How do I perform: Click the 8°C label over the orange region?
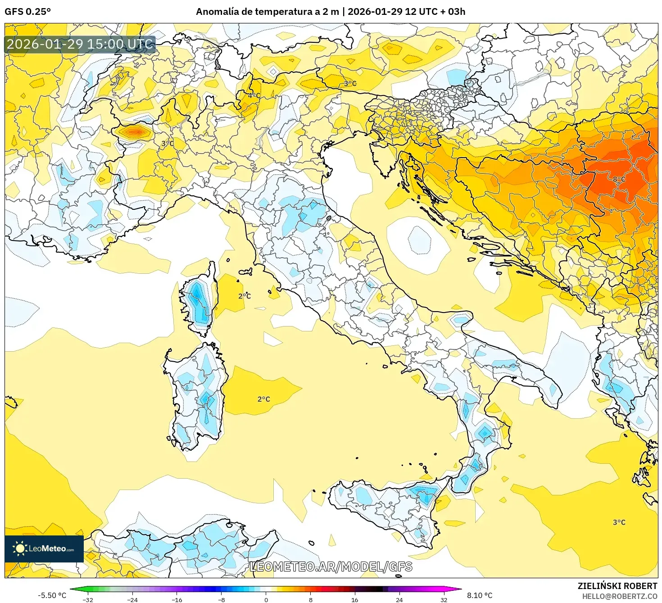[x=619, y=179]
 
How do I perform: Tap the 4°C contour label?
[x=254, y=95]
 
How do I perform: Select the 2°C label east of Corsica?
[x=245, y=296]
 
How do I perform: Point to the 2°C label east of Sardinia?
[x=263, y=399]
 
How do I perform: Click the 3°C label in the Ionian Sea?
[x=619, y=522]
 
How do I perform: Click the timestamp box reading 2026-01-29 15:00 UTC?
[x=80, y=44]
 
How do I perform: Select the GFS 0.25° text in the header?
[x=27, y=11]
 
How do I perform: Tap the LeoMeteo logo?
[x=44, y=549]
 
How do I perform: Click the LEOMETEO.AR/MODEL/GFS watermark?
[x=331, y=567]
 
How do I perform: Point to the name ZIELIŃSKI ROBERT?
[x=617, y=586]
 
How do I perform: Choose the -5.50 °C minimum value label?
[x=52, y=595]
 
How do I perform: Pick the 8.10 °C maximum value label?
[x=480, y=595]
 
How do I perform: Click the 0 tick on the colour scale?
[x=266, y=600]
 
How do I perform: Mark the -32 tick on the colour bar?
[x=88, y=600]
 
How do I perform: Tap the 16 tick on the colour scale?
[x=354, y=600]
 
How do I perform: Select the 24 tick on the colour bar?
[x=399, y=600]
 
